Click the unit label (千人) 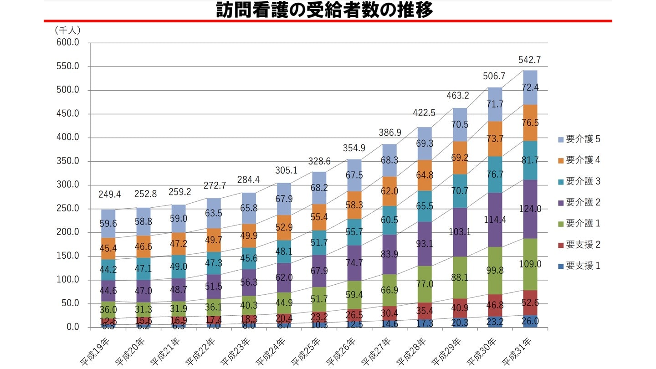click(x=67, y=31)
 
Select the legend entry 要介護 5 click(x=578, y=139)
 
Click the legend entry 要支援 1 click(x=578, y=266)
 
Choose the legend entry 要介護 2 click(x=578, y=202)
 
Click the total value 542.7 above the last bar click(x=529, y=60)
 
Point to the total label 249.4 click(x=109, y=195)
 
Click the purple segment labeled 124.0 click(x=529, y=209)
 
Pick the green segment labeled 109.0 click(x=529, y=264)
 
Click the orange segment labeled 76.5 click(x=529, y=123)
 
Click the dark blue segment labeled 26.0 click(x=529, y=321)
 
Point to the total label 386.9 click(x=389, y=133)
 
